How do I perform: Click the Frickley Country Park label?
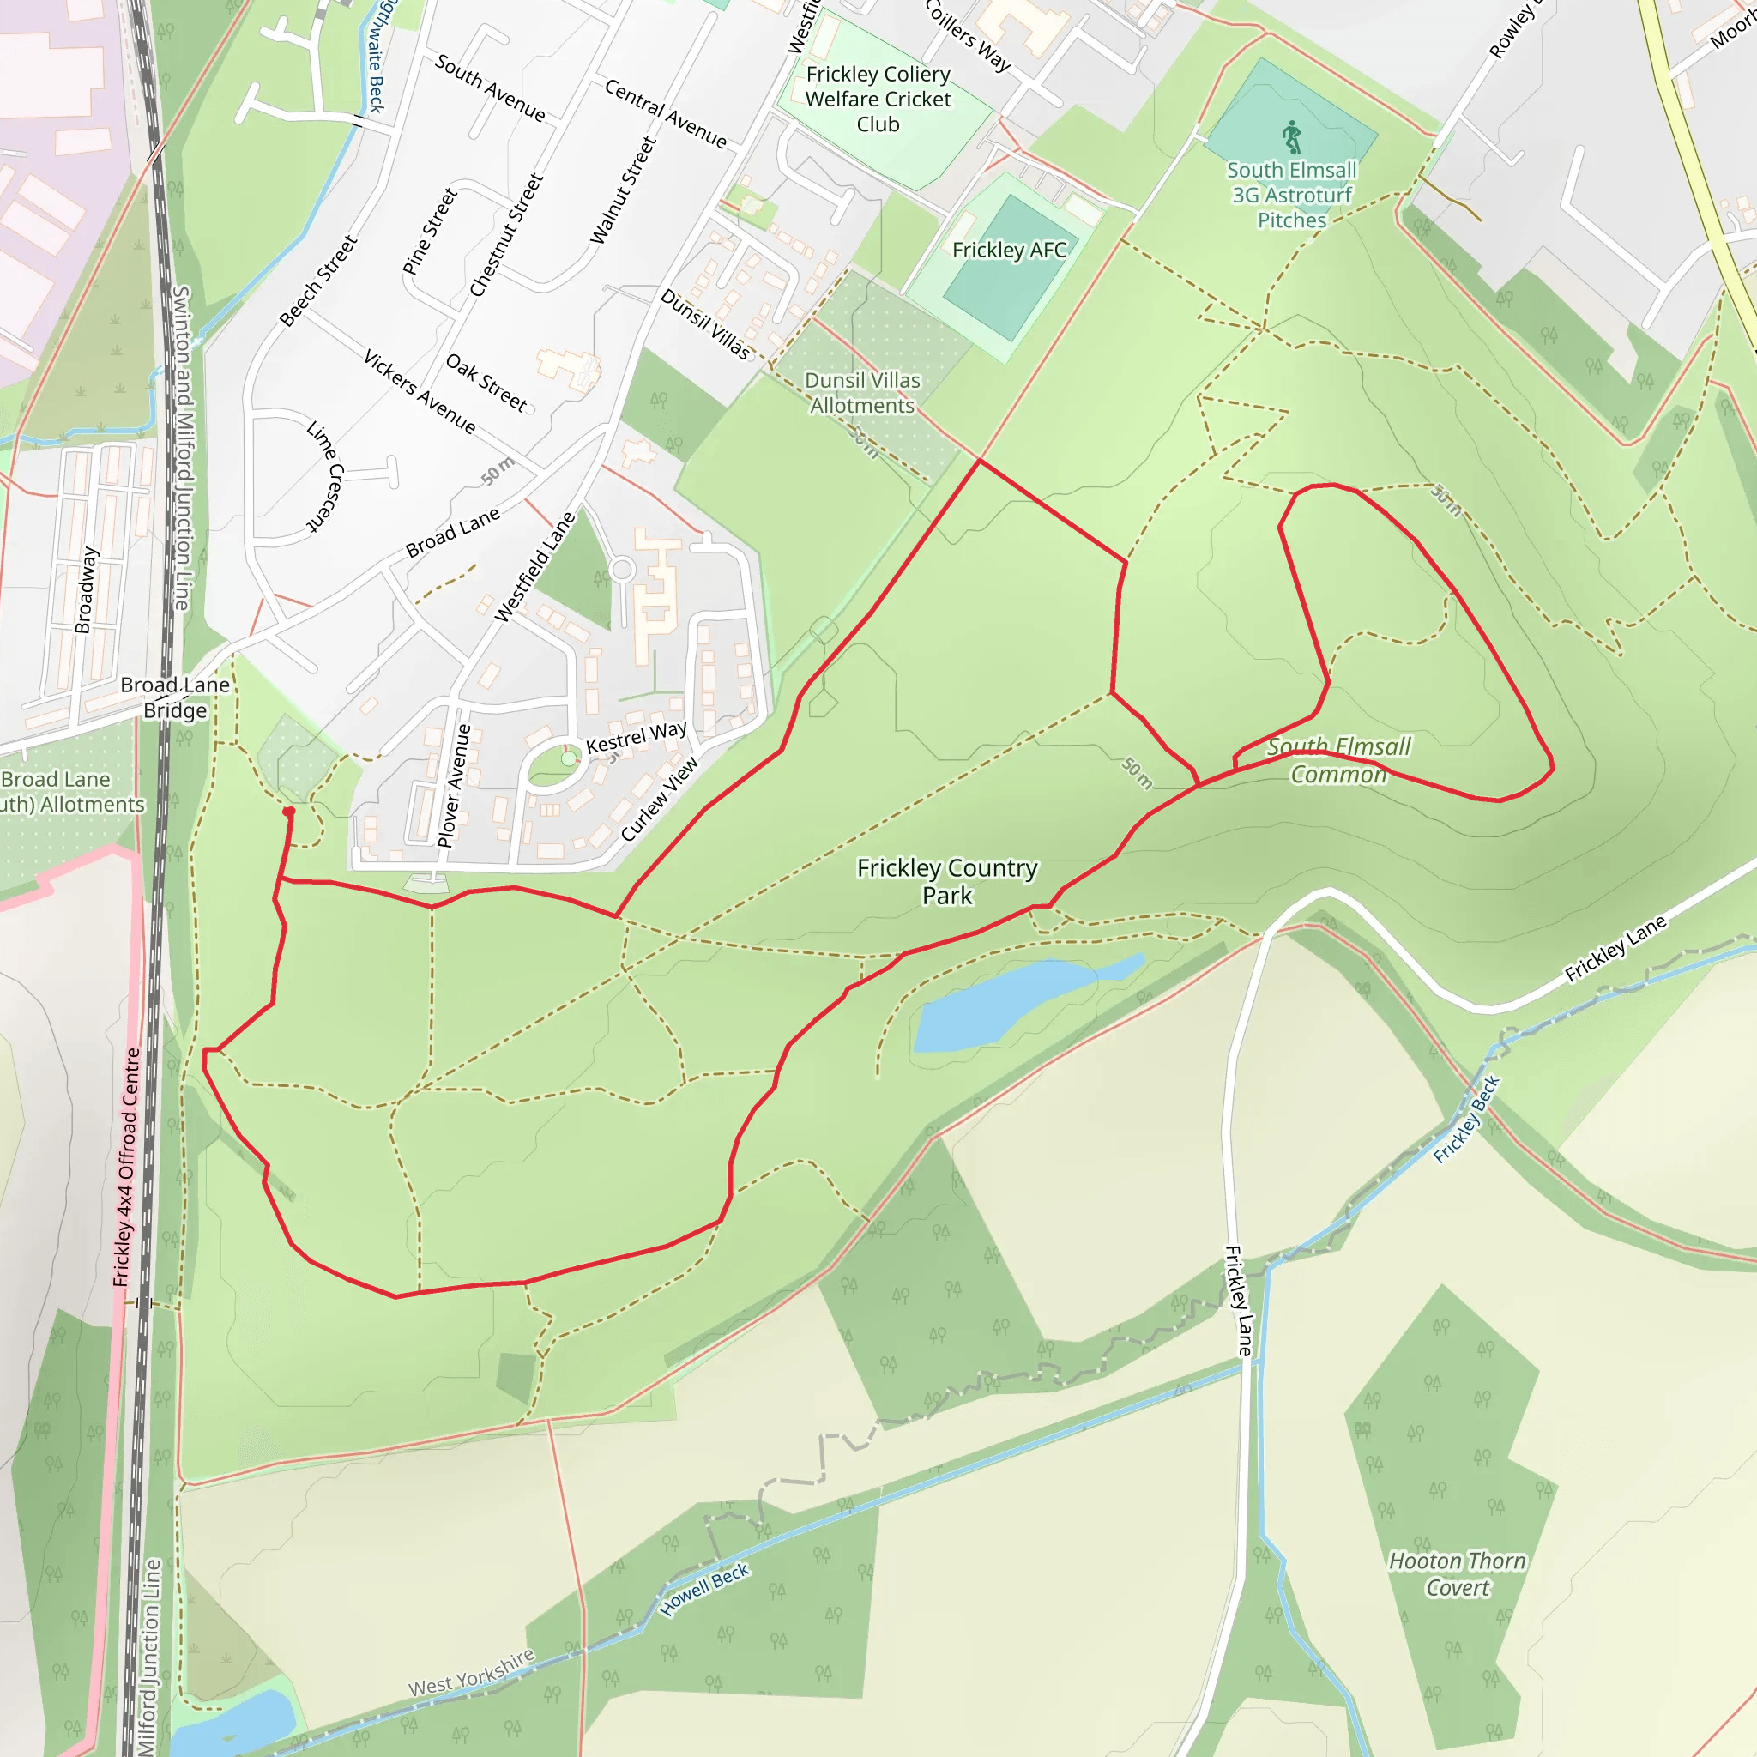(947, 881)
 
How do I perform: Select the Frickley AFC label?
(1009, 251)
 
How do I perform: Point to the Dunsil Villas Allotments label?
(862, 393)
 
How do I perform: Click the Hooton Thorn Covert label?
(1457, 1574)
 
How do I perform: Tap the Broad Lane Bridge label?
(176, 697)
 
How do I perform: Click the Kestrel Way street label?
(636, 737)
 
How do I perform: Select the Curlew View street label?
(660, 800)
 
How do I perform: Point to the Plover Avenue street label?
(454, 786)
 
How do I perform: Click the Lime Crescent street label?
(324, 475)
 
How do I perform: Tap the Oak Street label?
(486, 382)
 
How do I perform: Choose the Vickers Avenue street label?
(420, 391)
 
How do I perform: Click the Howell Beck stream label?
(705, 1590)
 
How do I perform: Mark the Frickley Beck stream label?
(1466, 1120)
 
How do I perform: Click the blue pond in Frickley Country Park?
(1010, 1001)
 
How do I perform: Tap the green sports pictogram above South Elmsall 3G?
(1292, 137)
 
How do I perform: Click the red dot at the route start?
(288, 812)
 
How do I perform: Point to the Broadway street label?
(85, 589)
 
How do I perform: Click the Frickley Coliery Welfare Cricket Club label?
(878, 100)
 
